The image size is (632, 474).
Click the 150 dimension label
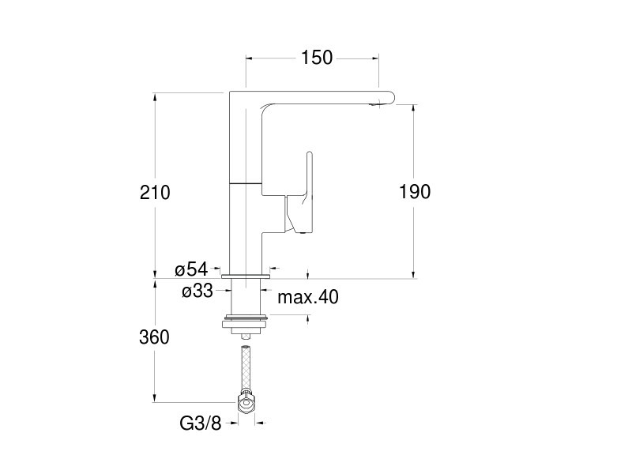pyautogui.click(x=317, y=58)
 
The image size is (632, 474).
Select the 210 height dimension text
pyautogui.click(x=155, y=192)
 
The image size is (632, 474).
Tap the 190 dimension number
pyautogui.click(x=415, y=191)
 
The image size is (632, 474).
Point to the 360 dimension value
pyautogui.click(x=154, y=337)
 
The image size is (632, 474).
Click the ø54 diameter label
pyautogui.click(x=191, y=269)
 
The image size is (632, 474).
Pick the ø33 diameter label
pyautogui.click(x=197, y=290)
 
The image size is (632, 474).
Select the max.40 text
pyautogui.click(x=308, y=297)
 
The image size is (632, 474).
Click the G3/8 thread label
pyautogui.click(x=201, y=423)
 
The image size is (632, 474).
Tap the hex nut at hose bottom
pyautogui.click(x=246, y=402)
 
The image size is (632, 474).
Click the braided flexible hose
pyautogui.click(x=246, y=368)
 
